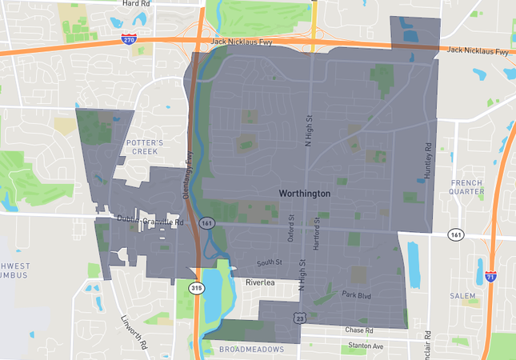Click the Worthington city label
(304, 194)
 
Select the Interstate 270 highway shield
(129, 38)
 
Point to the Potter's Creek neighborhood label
(145, 146)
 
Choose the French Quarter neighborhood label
(466, 187)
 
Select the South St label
(270, 262)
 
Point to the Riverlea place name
(260, 282)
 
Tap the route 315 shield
(196, 287)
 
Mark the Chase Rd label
(359, 330)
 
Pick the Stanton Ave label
(366, 346)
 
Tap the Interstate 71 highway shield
(490, 276)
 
